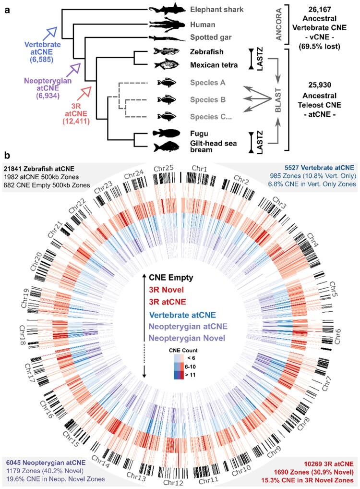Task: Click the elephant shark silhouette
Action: pyautogui.click(x=166, y=9)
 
